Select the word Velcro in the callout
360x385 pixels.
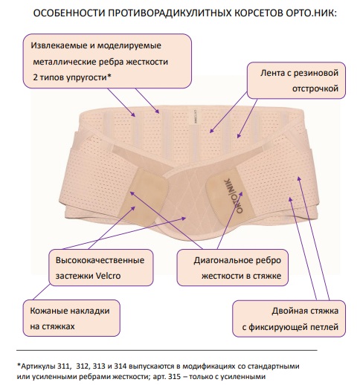(x=109, y=276)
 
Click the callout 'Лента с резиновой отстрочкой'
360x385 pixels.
(x=296, y=80)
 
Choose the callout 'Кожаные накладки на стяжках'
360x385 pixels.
(x=71, y=318)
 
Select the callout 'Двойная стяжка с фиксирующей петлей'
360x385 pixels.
(x=289, y=319)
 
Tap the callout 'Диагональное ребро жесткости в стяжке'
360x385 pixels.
(x=233, y=268)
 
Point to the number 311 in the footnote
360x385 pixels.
(x=63, y=366)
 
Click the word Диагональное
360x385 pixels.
(x=222, y=260)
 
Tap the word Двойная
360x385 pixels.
(x=289, y=311)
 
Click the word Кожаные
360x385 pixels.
(x=48, y=311)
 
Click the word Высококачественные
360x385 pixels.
(x=100, y=260)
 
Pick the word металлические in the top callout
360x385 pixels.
(x=65, y=62)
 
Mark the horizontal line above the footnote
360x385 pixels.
(x=167, y=350)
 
